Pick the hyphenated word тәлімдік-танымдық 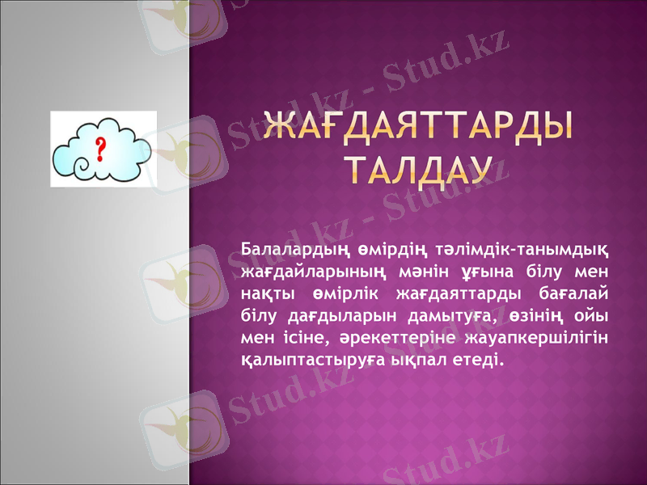pos(522,247)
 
